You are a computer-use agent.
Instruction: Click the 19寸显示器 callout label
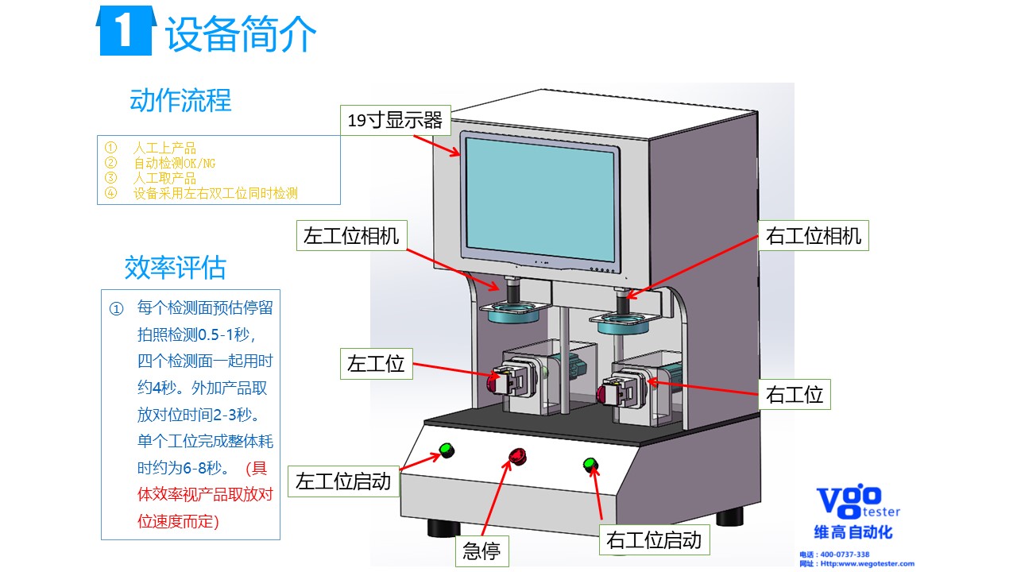click(x=395, y=121)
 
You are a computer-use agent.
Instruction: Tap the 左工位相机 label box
click(x=351, y=236)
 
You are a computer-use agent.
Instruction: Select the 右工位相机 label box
click(x=813, y=236)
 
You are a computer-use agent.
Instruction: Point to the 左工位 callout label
click(x=376, y=364)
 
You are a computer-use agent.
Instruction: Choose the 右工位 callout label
click(x=794, y=394)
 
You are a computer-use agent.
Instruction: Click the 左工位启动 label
click(x=343, y=481)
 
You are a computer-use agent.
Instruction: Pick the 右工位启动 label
click(x=654, y=540)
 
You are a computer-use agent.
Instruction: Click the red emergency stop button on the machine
click(x=517, y=456)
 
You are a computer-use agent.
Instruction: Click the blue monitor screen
click(x=539, y=199)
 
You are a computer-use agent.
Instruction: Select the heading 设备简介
click(x=241, y=34)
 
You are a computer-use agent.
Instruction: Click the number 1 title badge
click(x=125, y=32)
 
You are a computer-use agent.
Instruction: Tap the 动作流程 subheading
click(x=180, y=101)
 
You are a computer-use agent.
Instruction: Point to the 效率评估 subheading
click(x=176, y=268)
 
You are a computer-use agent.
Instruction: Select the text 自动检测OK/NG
click(x=174, y=164)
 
